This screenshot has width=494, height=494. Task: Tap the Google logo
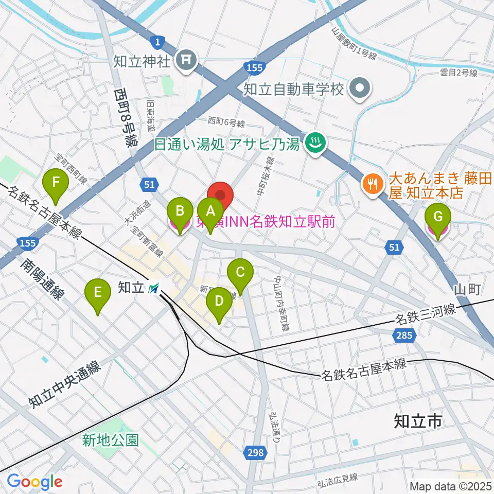[34, 482]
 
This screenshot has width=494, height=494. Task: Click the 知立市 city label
[418, 421]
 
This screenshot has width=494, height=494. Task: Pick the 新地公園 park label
[111, 440]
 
